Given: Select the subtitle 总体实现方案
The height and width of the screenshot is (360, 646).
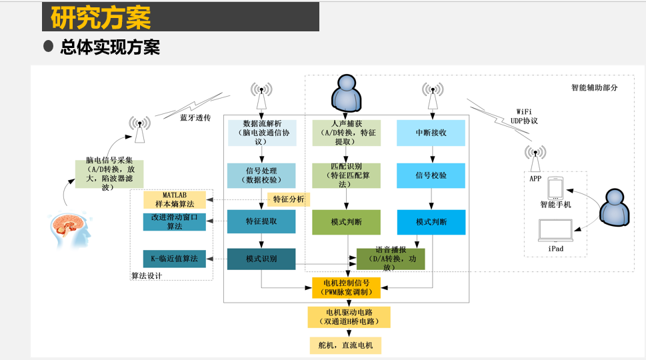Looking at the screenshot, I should pyautogui.click(x=109, y=47).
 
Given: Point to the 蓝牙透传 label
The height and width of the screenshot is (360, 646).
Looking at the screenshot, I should pyautogui.click(x=195, y=117).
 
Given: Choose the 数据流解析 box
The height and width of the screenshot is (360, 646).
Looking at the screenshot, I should pyautogui.click(x=262, y=133).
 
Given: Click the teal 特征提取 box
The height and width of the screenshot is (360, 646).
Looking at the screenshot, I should pyautogui.click(x=261, y=221).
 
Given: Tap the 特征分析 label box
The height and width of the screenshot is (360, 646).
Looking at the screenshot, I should pyautogui.click(x=289, y=199).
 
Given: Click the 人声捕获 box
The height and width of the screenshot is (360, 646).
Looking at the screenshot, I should pyautogui.click(x=346, y=133).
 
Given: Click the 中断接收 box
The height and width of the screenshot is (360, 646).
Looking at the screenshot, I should pyautogui.click(x=431, y=133).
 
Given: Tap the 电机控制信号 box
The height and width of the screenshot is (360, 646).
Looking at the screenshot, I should pyautogui.click(x=347, y=287).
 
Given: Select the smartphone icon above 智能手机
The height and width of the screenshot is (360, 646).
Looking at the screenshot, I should pyautogui.click(x=555, y=188).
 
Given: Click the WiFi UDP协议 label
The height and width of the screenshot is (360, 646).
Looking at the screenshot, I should pyautogui.click(x=524, y=116).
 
